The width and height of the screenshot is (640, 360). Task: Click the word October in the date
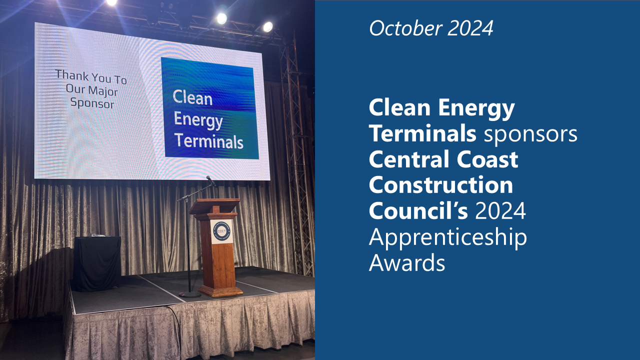pos(405,28)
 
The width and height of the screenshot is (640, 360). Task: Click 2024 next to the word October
pos(470,28)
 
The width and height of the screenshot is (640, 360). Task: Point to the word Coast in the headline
pos(487,159)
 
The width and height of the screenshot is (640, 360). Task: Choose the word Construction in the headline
pos(441,185)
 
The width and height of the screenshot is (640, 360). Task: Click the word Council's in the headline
pos(418,210)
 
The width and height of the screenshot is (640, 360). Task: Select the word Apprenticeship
pos(447,237)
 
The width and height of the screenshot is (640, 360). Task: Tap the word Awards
pos(407,262)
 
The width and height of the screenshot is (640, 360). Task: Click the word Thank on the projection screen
pos(71,75)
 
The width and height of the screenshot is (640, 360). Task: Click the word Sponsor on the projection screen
pos(92,103)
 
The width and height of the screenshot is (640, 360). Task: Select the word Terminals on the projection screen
pos(209,141)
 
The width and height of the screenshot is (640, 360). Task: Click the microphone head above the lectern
pos(210,180)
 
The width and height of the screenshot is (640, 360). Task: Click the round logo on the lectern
pos(221,231)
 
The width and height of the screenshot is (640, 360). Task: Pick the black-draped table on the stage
pos(96,263)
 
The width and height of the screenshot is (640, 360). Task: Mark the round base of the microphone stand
pos(189,294)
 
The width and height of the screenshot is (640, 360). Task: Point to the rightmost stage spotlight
pos(267,27)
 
